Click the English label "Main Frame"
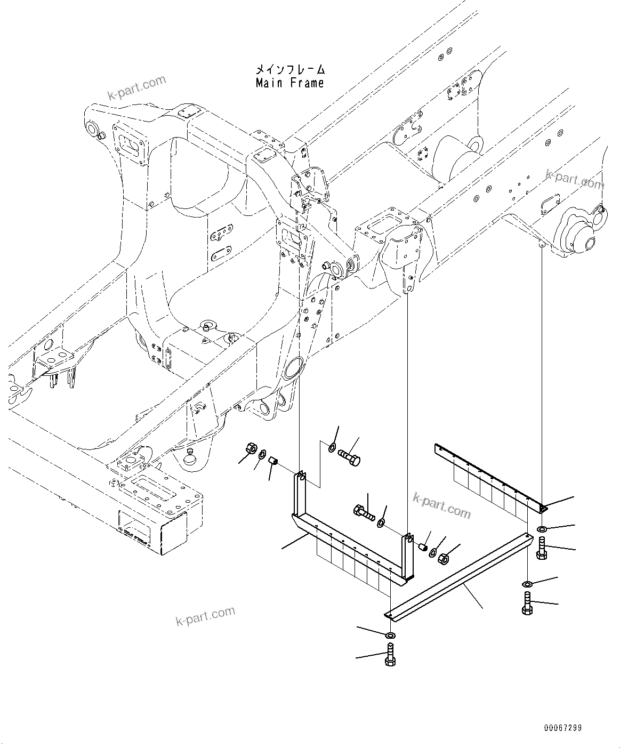(x=289, y=83)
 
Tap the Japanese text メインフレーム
(x=289, y=69)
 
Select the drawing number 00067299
(x=562, y=728)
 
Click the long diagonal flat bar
(x=458, y=578)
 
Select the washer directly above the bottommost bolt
(x=390, y=636)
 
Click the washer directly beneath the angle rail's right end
(x=541, y=528)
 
